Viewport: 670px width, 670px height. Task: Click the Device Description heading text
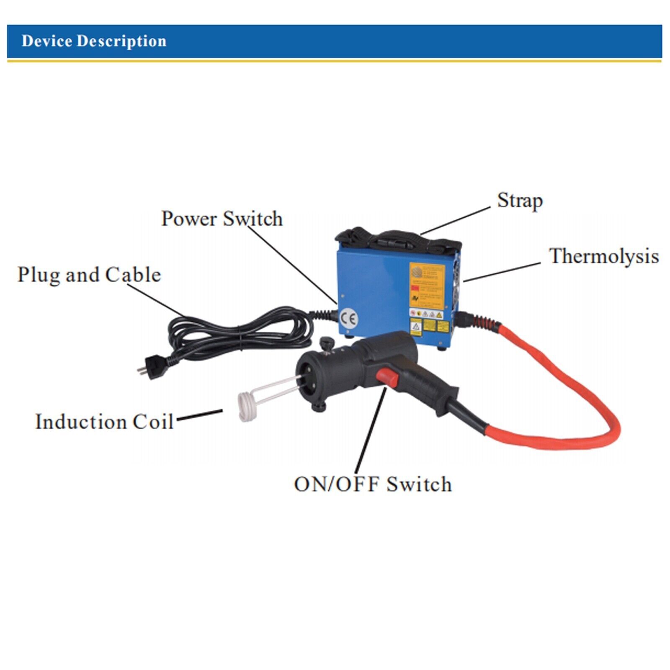94,41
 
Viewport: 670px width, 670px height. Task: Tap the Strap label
520,201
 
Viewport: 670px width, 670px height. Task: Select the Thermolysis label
603,256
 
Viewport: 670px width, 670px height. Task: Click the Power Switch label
222,219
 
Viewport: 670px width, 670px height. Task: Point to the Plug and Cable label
89,275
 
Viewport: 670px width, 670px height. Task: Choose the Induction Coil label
104,421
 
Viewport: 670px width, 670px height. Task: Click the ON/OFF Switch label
373,484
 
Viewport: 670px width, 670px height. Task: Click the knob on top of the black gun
325,343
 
